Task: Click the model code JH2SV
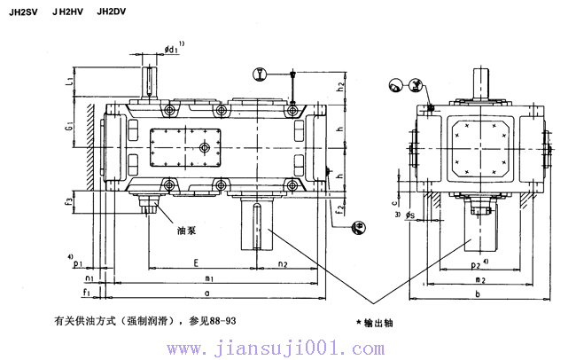click(23, 12)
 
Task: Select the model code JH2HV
click(69, 12)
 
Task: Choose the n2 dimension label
click(284, 263)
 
